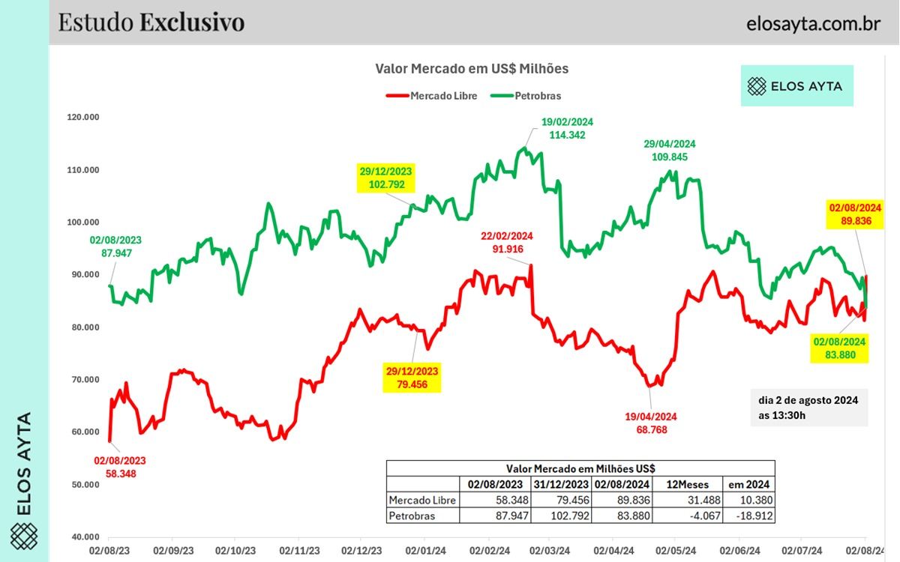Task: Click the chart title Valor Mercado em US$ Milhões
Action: pos(472,69)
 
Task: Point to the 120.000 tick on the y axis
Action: pos(103,118)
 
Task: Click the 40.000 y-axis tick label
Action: pos(103,537)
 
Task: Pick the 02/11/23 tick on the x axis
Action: pos(298,550)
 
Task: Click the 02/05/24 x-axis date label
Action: pos(677,550)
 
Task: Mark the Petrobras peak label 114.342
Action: pos(567,135)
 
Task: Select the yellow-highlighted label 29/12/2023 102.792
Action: pos(385,178)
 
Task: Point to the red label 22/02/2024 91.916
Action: pos(507,243)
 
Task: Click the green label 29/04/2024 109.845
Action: pos(670,151)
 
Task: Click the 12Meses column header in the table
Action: pos(685,484)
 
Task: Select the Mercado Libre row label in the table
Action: pos(422,501)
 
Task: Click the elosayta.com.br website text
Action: pos(813,23)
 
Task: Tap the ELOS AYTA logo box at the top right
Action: pos(796,85)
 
